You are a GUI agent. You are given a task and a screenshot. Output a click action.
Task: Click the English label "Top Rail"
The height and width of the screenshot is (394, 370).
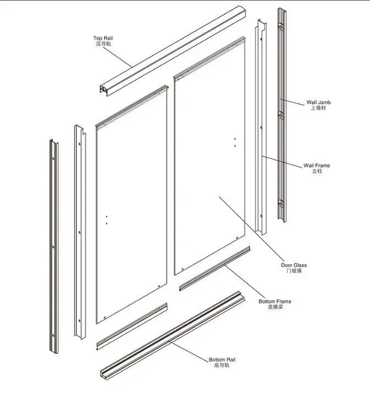pos(102,39)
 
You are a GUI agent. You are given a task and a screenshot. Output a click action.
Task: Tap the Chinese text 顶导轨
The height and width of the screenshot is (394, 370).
pos(102,44)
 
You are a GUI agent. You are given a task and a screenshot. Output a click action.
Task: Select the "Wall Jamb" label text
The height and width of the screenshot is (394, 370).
pos(318,102)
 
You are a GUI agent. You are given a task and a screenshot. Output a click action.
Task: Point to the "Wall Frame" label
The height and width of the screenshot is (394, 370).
pos(317,165)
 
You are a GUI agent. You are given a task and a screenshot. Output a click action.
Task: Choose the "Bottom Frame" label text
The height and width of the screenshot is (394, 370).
pos(275,301)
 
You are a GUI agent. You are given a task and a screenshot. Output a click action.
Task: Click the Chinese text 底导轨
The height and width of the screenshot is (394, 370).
pos(222,365)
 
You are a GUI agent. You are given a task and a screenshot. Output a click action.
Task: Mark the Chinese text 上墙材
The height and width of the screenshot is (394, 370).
pos(318,108)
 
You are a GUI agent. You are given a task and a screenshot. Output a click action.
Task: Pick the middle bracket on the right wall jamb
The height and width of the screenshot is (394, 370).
pos(281,115)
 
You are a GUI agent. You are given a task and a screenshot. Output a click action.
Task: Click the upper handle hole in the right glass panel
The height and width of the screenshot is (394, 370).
pos(235,139)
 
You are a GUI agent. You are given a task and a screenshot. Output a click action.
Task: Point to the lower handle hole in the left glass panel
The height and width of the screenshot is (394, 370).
pos(106,223)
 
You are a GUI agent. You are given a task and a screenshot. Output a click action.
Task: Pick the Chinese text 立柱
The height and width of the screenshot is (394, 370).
pos(317,171)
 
